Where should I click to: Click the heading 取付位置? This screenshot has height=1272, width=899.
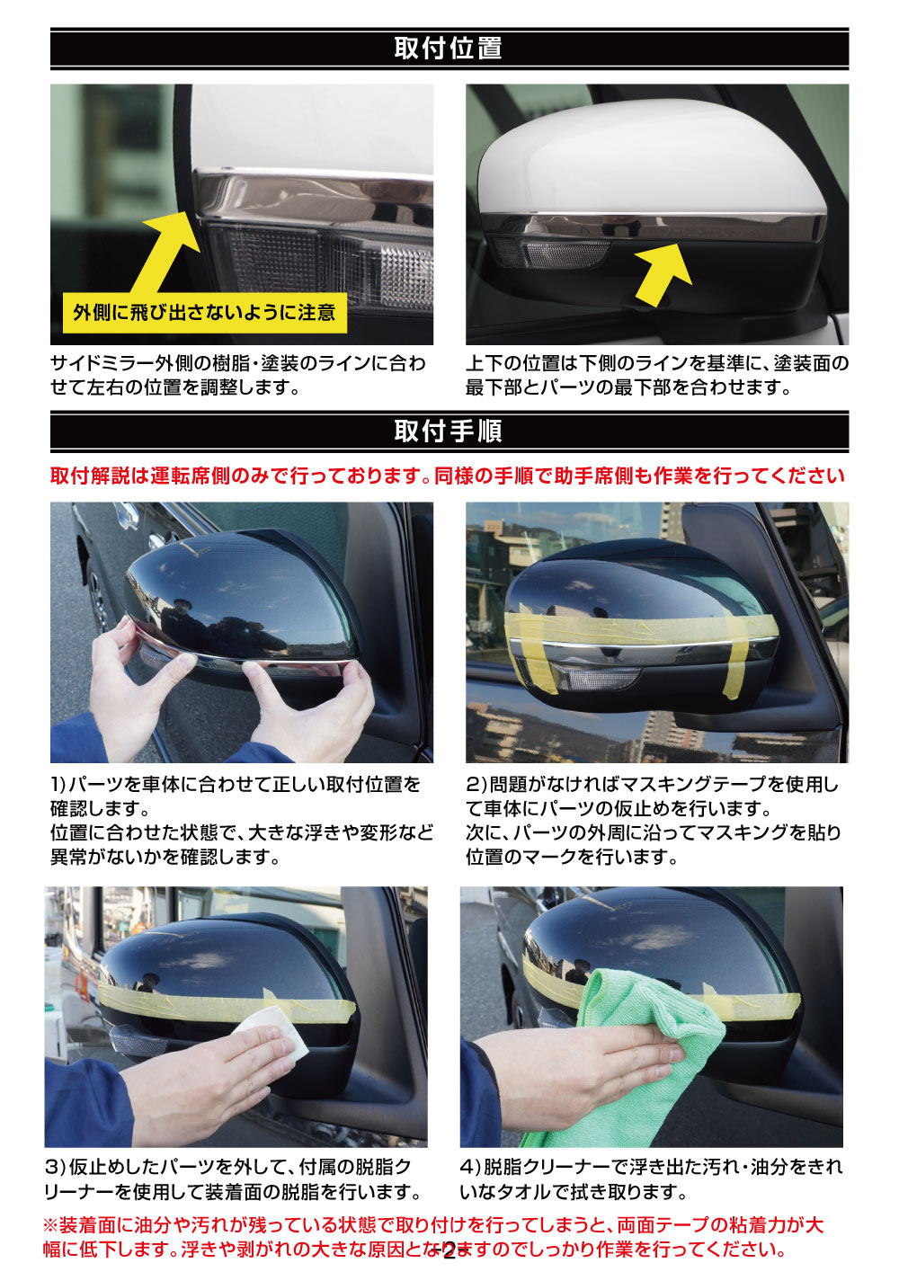tap(449, 48)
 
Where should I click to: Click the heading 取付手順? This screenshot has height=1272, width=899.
tap(449, 431)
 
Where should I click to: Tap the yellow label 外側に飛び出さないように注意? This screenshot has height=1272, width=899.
tap(205, 313)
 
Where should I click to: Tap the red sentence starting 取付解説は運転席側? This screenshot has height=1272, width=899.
tap(448, 476)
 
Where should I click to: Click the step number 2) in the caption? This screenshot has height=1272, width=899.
tap(476, 785)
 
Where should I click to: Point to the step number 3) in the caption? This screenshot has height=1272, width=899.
tap(56, 1167)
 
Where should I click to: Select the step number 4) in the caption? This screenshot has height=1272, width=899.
tap(471, 1167)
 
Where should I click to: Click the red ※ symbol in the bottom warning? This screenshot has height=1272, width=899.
tap(50, 1225)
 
